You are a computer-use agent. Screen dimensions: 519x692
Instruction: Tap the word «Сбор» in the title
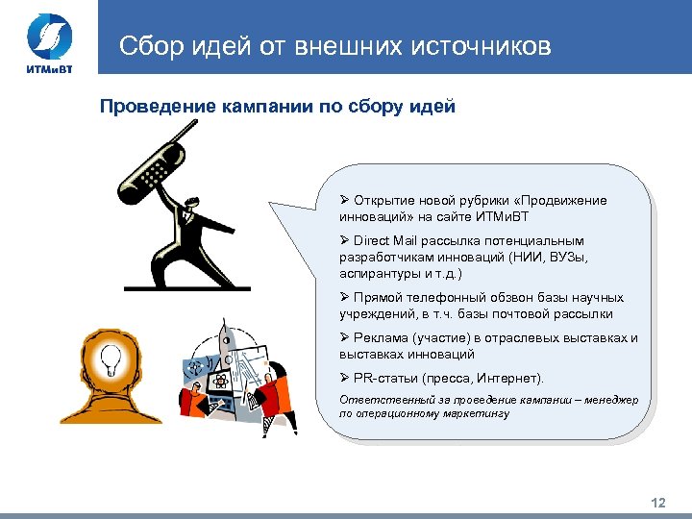148,45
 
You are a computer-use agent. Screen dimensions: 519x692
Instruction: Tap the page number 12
658,503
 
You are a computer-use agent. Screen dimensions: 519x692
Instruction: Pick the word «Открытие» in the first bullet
383,201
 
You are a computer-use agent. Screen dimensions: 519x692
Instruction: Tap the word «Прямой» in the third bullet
379,298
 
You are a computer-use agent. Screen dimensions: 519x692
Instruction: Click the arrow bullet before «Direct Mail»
344,241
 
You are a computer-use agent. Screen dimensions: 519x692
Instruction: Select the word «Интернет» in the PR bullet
514,378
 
